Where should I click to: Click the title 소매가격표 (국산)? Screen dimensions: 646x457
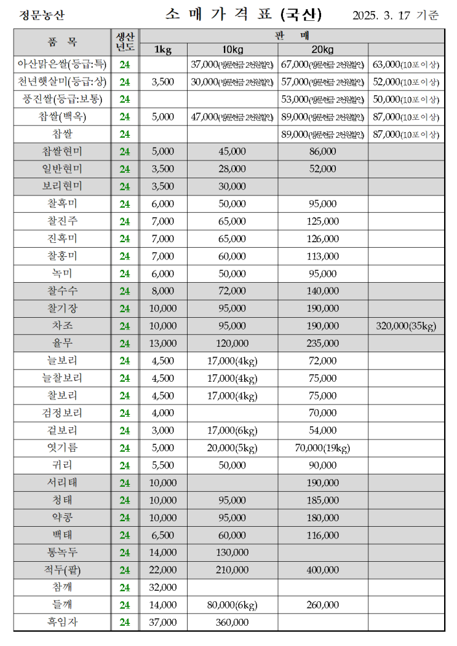coord(243,14)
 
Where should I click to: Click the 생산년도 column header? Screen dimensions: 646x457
coord(125,42)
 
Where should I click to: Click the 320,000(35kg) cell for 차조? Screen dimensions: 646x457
coord(405,326)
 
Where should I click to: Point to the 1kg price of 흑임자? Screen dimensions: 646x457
coord(163,623)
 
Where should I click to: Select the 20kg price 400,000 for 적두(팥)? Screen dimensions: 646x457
coord(322,570)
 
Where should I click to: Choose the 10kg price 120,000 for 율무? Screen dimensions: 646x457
coord(232,344)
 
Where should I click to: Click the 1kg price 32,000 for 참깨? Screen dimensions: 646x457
coord(163,588)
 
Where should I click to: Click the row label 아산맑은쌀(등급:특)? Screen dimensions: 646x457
coord(62,64)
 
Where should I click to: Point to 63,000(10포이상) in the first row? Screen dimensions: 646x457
coord(405,64)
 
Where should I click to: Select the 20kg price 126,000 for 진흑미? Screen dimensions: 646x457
coord(322,238)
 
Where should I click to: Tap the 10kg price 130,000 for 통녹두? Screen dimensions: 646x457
coord(232,553)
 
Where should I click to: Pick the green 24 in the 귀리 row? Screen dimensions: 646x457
coord(125,466)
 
